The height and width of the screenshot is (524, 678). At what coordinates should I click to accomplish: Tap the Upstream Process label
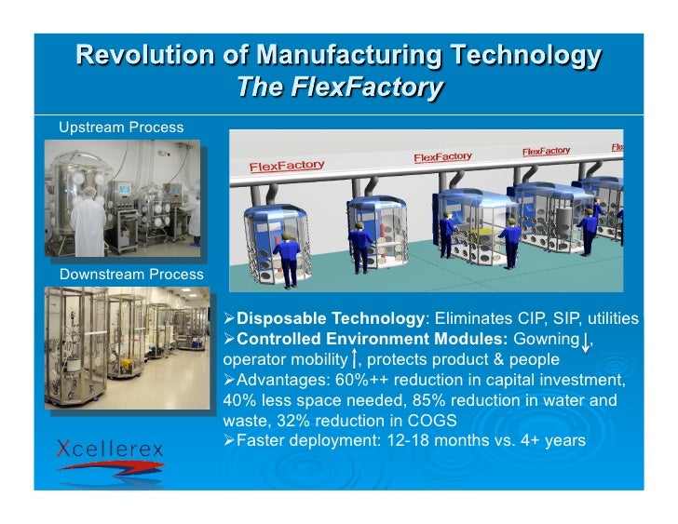click(x=120, y=126)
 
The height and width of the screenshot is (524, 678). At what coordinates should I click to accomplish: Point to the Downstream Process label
click(x=130, y=275)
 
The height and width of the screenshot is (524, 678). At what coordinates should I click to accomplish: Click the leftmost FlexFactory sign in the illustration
click(x=286, y=166)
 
